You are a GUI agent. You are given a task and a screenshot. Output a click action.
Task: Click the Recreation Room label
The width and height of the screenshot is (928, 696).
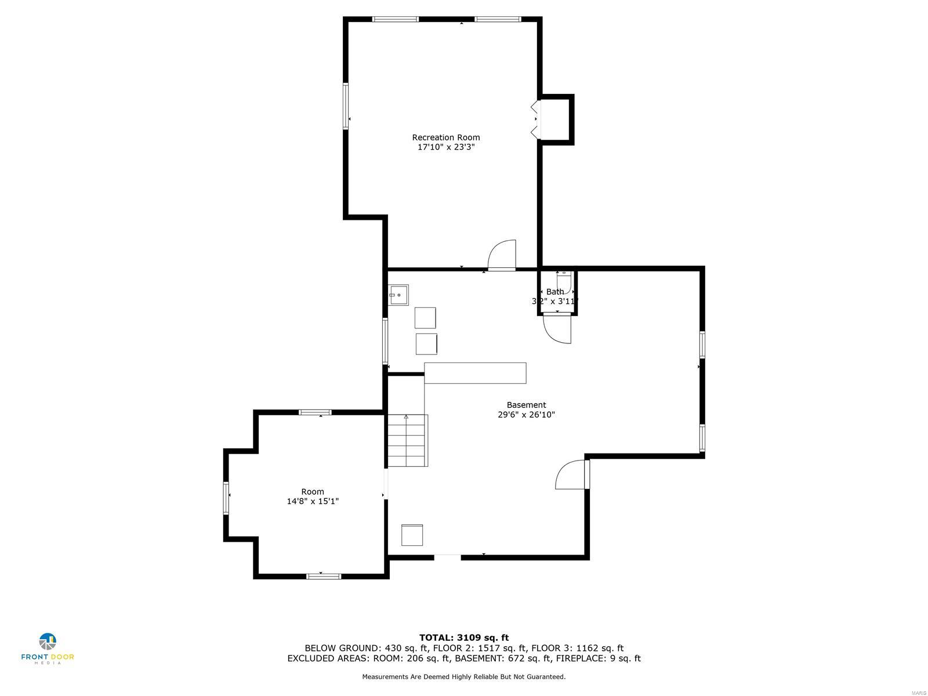pos(446,137)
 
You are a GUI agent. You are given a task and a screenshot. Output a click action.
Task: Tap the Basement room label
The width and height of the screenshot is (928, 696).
pos(526,405)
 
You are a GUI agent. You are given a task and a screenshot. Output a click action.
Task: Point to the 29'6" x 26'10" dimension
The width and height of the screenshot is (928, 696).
pos(526,415)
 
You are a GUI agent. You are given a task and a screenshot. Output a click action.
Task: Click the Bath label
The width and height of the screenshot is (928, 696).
pos(555,292)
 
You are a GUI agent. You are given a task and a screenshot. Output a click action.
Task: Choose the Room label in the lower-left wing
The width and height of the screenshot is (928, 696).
pos(313,491)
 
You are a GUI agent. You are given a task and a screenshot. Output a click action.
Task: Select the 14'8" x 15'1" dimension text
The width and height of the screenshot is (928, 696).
pos(313,501)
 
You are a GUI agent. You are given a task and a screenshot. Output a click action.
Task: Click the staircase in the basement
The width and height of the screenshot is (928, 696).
pos(407,441)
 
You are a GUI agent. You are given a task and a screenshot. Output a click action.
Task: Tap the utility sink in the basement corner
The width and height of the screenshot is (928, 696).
pos(398,295)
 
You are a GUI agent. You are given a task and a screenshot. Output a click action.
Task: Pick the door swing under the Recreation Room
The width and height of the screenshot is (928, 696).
pos(502,255)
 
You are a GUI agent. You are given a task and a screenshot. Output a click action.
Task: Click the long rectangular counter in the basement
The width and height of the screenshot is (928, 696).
pos(475,373)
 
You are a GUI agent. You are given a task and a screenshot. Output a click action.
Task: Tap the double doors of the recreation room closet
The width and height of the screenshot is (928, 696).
pos(535,120)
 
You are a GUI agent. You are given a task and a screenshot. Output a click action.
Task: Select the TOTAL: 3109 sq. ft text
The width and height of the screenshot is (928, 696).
pos(464,637)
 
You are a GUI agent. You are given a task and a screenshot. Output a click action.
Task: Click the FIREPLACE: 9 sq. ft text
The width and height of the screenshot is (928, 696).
pos(598,658)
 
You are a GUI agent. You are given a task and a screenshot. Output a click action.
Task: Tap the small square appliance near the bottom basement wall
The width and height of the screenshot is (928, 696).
pos(412,535)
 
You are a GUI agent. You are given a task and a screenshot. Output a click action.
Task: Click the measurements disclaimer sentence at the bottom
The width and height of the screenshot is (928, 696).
pos(464,676)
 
